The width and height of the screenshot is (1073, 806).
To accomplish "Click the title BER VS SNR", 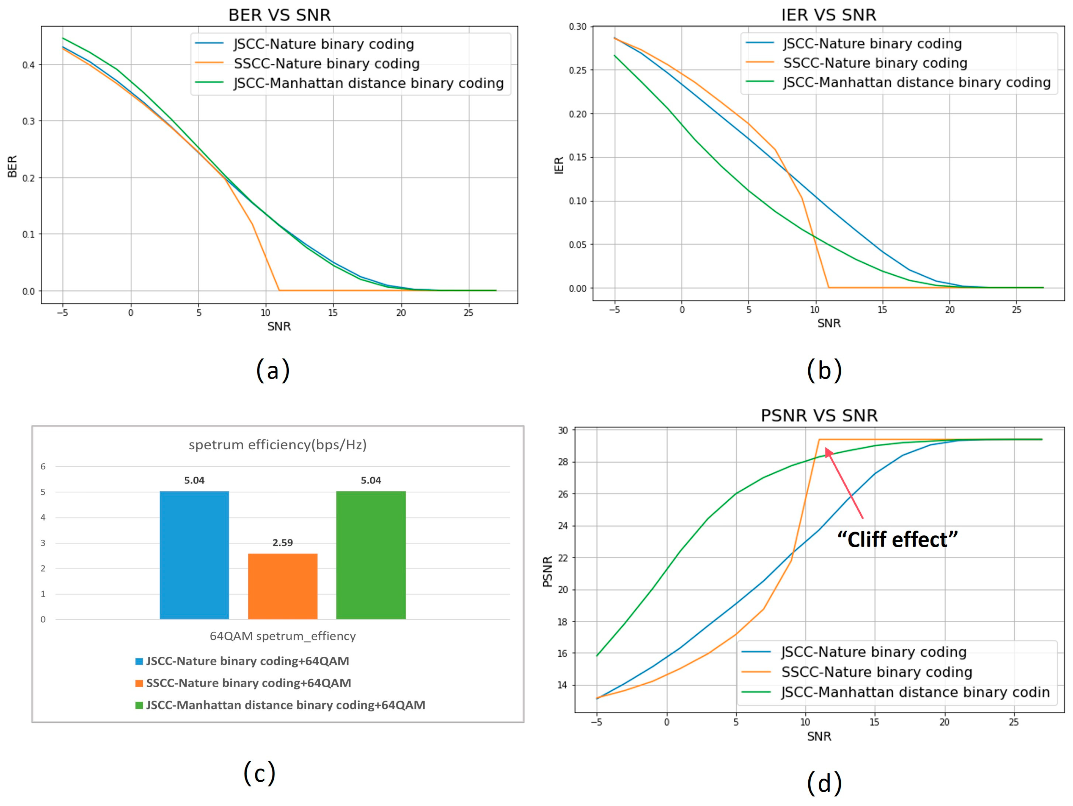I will tap(279, 15).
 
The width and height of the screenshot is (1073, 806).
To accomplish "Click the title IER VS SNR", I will tap(828, 15).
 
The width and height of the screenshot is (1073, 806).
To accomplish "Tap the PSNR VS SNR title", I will tap(819, 416).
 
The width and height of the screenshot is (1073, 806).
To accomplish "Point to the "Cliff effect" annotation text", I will tap(897, 539).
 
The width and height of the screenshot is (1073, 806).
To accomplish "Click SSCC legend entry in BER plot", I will tap(326, 63).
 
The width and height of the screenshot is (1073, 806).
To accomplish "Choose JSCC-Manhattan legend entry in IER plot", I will tap(916, 83).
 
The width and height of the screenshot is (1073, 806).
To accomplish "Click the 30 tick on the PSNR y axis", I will tap(563, 430).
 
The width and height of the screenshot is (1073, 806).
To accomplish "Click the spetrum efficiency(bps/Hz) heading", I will tap(277, 445).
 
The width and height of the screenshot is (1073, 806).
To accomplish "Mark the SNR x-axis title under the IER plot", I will tap(828, 323).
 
